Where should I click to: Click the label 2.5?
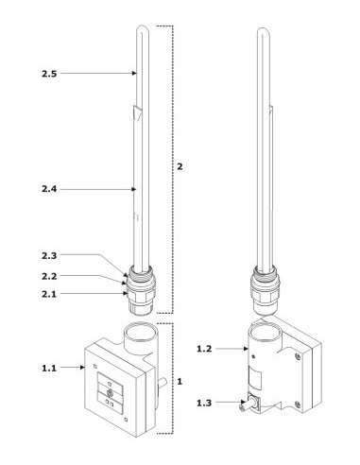pos(49,74)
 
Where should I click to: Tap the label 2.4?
pos(49,189)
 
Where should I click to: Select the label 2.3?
pos(49,255)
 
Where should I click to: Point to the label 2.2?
pos(49,276)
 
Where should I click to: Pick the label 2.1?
pos(49,294)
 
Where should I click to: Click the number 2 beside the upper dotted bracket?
pos(180,166)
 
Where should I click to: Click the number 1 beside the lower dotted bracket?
pos(180,382)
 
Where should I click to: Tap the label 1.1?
pos(49,368)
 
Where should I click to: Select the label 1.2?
pos(204,349)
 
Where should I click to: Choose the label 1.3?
pos(204,403)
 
